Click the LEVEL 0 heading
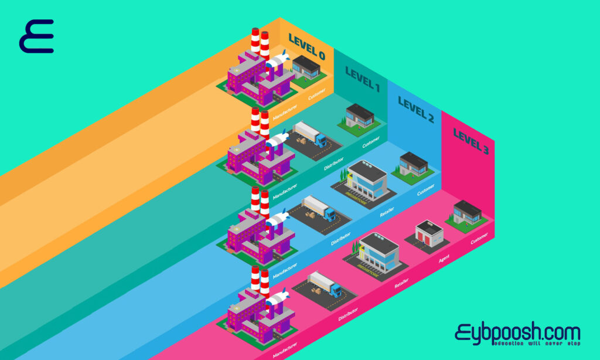[x=306, y=47]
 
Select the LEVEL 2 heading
[x=415, y=110]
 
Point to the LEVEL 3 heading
[x=471, y=141]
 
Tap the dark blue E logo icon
[x=36, y=36]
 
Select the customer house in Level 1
[x=359, y=116]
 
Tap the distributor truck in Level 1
[x=309, y=135]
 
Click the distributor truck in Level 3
[x=325, y=284]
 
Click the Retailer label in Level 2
[x=387, y=210]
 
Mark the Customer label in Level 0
[x=317, y=94]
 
